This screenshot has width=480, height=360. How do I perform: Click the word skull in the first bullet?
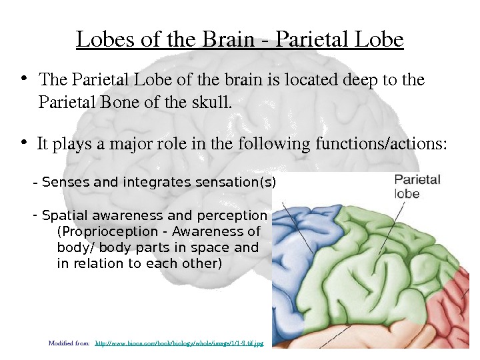tap(215, 103)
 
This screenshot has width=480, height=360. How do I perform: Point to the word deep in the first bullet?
tap(359, 81)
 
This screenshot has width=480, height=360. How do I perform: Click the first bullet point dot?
tap(25, 79)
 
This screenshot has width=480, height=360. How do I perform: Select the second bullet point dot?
tap(25, 142)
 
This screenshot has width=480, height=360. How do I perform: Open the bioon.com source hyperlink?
tap(180, 343)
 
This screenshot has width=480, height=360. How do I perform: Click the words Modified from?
tap(69, 343)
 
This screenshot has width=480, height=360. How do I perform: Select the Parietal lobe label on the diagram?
tap(417, 186)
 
